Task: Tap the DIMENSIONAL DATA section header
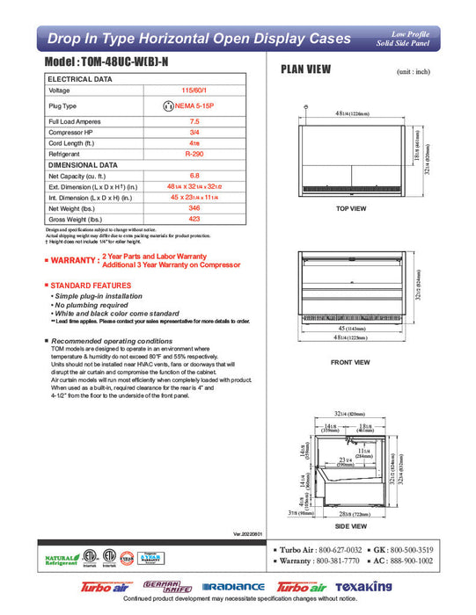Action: [83, 164]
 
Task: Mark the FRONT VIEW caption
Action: [351, 361]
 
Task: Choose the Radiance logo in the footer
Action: [232, 587]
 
